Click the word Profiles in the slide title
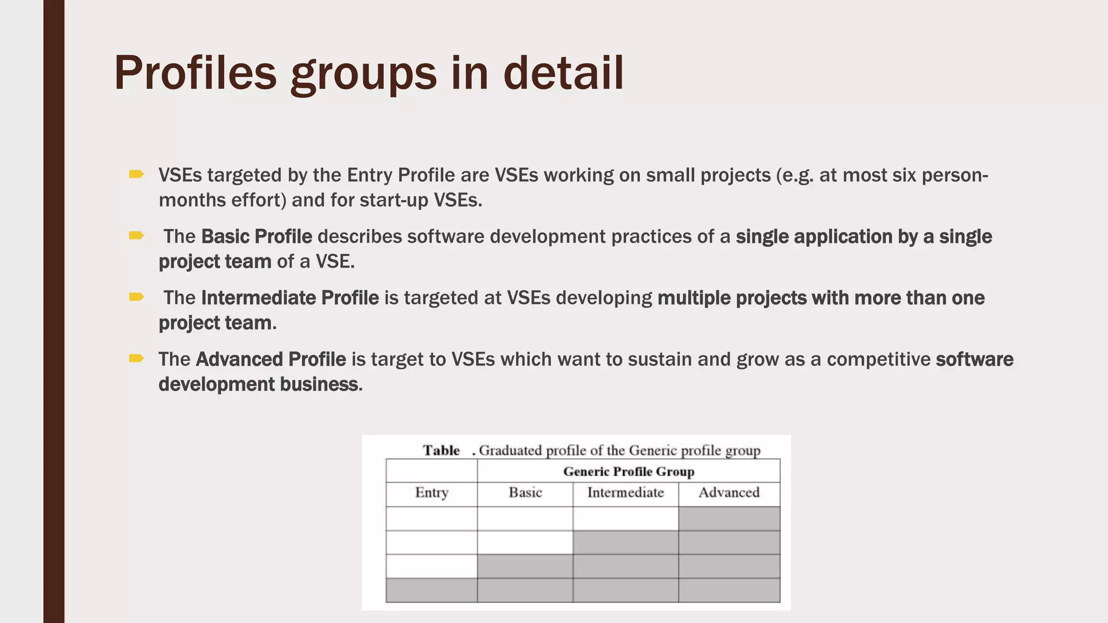click(195, 73)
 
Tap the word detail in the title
click(563, 73)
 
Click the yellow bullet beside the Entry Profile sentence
click(136, 174)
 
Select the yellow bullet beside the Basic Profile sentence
click(136, 235)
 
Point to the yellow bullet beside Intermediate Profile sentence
click(136, 296)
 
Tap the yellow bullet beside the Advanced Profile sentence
click(136, 358)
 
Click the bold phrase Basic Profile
click(256, 236)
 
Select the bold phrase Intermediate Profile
click(290, 298)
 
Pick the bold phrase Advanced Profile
click(271, 359)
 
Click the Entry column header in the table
click(432, 493)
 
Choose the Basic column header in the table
click(525, 493)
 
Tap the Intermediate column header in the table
click(625, 493)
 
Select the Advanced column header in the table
click(729, 493)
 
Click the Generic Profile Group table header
click(629, 472)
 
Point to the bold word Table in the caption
click(441, 450)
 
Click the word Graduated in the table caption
click(510, 450)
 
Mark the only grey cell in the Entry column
click(432, 590)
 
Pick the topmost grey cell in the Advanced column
click(729, 519)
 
